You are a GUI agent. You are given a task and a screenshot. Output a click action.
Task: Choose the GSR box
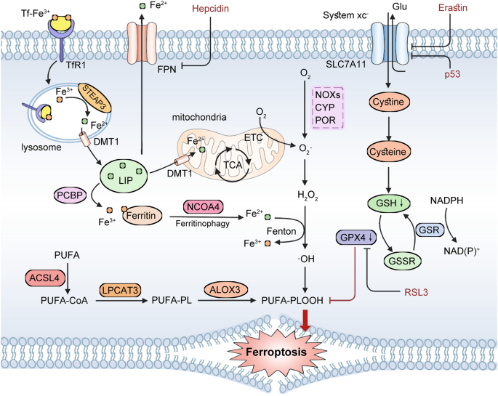tap(427, 229)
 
